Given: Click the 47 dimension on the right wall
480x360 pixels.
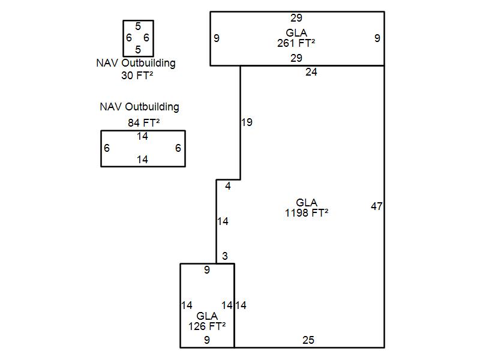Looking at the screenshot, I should pyautogui.click(x=377, y=206).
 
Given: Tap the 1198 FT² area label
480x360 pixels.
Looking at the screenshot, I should pyautogui.click(x=307, y=212).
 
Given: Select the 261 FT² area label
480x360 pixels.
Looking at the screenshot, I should pyautogui.click(x=296, y=43).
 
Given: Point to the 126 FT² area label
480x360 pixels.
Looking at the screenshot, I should pyautogui.click(x=207, y=326).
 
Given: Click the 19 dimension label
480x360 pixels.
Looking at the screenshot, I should pyautogui.click(x=247, y=122).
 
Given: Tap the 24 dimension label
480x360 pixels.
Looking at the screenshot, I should pyautogui.click(x=311, y=73).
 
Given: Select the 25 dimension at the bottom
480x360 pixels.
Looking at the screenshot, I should pyautogui.click(x=308, y=340).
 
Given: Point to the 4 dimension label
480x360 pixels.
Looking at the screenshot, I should pyautogui.click(x=228, y=187).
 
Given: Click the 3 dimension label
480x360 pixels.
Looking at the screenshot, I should pyautogui.click(x=225, y=256).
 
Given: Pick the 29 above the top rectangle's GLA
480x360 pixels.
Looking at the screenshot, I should pyautogui.click(x=296, y=18).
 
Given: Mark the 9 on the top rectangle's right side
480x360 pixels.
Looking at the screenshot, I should pyautogui.click(x=377, y=38).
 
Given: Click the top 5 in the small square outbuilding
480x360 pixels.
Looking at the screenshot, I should pyautogui.click(x=138, y=26).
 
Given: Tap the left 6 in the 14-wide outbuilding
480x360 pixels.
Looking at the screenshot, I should pyautogui.click(x=107, y=148).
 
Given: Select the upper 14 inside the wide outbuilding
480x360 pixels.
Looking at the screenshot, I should pyautogui.click(x=142, y=136).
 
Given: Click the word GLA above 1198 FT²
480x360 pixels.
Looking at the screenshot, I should pyautogui.click(x=307, y=203).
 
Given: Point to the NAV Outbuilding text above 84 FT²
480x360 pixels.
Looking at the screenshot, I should pyautogui.click(x=139, y=107).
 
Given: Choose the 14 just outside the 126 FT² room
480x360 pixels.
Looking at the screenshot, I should pyautogui.click(x=241, y=305).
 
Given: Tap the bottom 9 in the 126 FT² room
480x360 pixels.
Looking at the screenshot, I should pyautogui.click(x=207, y=340).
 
